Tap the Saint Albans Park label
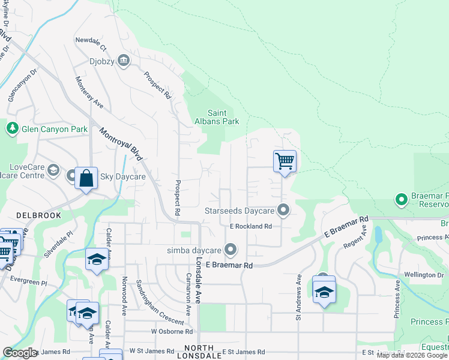click(223, 117)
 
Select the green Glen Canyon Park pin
click(12, 128)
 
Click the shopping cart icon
click(285, 161)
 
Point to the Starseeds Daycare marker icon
click(283, 211)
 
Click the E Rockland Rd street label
click(251, 226)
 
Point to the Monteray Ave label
click(89, 92)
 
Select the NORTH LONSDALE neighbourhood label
click(199, 352)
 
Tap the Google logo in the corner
click(19, 353)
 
